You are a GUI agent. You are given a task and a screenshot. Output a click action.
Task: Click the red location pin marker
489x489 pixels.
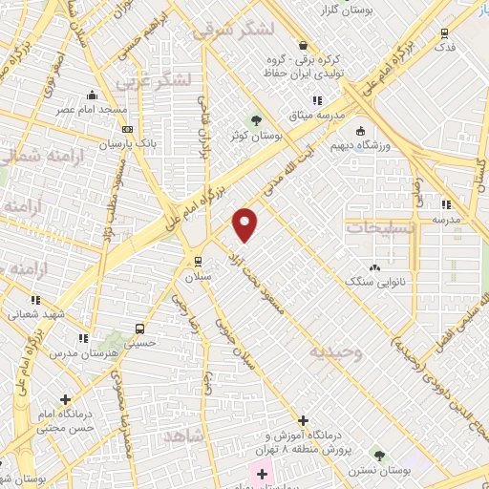[x=245, y=224]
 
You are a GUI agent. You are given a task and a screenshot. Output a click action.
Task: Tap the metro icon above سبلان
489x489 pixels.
[x=198, y=261]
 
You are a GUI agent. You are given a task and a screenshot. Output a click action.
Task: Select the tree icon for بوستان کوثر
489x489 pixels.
[x=255, y=120]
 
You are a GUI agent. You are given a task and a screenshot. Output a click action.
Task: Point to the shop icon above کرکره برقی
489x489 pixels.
[x=303, y=45]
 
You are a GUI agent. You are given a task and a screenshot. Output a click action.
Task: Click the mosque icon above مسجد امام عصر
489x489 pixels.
[x=92, y=96]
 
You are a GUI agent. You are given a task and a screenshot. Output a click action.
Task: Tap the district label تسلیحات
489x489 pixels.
[x=381, y=228]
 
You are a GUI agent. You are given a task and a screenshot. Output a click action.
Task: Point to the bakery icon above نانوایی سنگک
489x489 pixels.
[x=373, y=268]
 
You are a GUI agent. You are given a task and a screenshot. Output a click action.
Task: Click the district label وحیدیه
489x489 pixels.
[x=334, y=351]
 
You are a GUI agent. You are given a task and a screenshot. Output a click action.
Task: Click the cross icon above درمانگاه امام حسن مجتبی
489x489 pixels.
[x=65, y=399]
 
